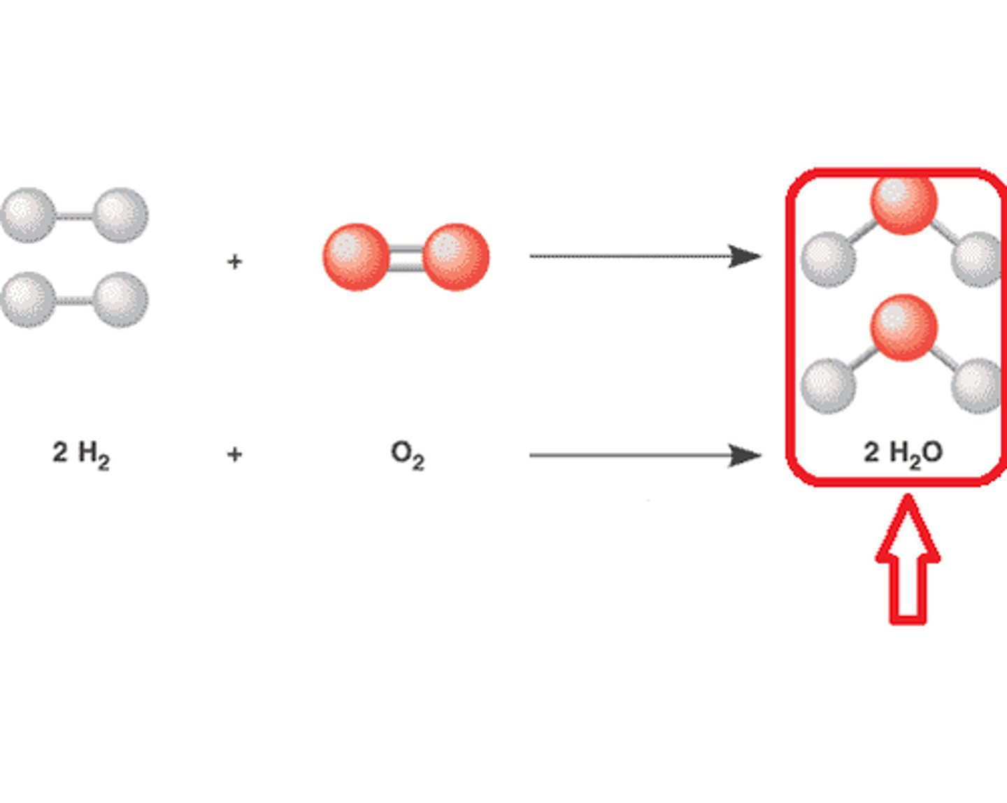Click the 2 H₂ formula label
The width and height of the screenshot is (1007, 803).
(x=81, y=454)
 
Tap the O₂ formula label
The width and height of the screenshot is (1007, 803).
(x=408, y=455)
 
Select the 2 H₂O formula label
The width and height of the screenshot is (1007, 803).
(x=903, y=453)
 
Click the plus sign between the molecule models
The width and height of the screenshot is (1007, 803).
(x=235, y=261)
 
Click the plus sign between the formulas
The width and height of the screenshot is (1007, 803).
(x=235, y=455)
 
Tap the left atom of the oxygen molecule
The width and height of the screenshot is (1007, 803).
(x=356, y=256)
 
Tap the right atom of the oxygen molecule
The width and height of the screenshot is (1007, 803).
(x=456, y=256)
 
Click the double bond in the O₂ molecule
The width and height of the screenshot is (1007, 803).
(x=406, y=257)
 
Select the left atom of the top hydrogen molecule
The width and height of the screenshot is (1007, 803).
(x=28, y=215)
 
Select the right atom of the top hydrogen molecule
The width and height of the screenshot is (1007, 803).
(x=120, y=215)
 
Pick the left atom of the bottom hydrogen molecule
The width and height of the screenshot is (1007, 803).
(x=28, y=300)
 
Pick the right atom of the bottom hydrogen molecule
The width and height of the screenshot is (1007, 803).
(x=120, y=300)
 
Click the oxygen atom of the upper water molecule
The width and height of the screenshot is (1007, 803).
(x=904, y=203)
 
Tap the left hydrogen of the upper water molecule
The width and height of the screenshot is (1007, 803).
(x=828, y=259)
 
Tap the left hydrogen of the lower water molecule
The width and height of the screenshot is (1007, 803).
(x=828, y=385)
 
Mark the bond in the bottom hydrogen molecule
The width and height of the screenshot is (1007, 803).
(x=74, y=301)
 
